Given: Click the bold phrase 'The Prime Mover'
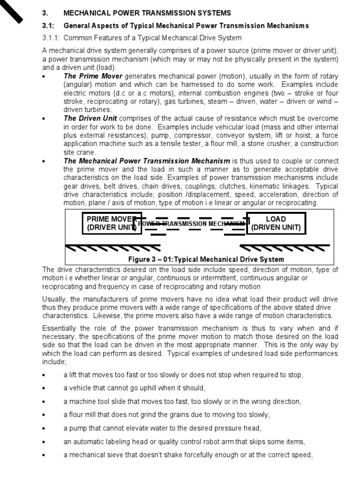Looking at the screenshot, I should [93, 76].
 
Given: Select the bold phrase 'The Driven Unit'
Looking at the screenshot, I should [90, 118].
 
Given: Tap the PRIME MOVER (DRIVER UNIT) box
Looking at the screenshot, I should [111, 223].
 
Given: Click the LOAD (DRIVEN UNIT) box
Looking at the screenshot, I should [276, 223].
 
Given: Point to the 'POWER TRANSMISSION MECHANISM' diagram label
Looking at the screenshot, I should [192, 224].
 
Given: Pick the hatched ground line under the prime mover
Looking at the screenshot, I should [112, 247].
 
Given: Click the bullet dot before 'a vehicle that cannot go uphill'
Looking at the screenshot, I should [44, 389].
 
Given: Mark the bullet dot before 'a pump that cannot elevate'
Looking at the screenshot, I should [44, 429].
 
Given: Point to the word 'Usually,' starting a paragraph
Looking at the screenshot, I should [55, 299].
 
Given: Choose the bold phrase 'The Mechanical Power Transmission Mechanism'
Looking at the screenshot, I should [147, 160].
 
